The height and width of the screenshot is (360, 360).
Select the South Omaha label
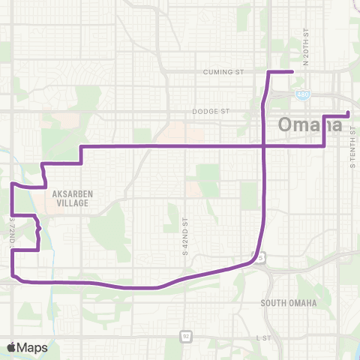pyautogui.click(x=289, y=303)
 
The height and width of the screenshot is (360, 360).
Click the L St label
pyautogui.click(x=262, y=339)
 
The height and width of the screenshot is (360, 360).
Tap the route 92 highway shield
pyautogui.click(x=183, y=336)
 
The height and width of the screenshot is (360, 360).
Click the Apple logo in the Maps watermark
pyautogui.click(x=13, y=347)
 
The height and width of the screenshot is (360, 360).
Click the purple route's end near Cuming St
pyautogui.click(x=292, y=72)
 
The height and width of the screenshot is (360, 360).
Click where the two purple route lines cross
pyautogui.click(x=263, y=145)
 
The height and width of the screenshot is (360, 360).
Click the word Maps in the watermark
pyautogui.click(x=34, y=347)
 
